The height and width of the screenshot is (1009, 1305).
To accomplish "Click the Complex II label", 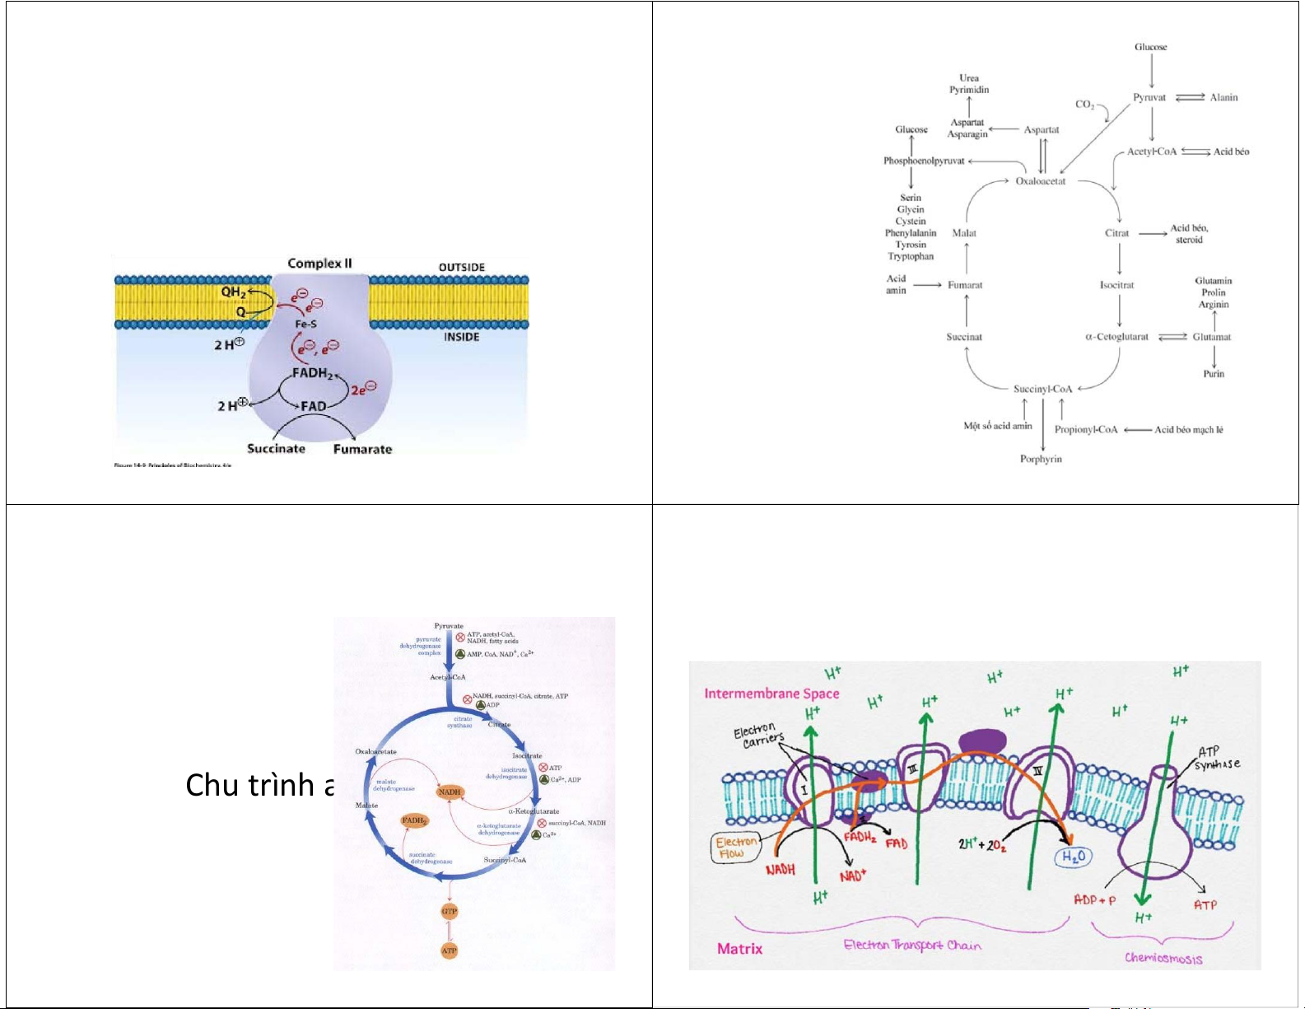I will tap(319, 264).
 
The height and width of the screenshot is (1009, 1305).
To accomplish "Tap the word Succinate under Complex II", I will tap(276, 449).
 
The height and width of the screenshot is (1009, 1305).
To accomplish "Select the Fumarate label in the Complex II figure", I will tap(362, 450).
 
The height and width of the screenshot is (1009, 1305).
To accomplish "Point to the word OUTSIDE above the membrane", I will tap(462, 268).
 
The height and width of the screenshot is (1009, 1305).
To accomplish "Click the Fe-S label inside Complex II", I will tap(306, 325).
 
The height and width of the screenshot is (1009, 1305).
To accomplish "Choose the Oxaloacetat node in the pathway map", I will tap(1040, 181).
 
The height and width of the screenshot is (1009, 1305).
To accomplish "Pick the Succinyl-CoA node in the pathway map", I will tap(1042, 389).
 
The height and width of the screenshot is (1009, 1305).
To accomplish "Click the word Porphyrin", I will tap(1041, 460).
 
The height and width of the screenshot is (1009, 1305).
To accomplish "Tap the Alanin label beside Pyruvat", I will tap(1223, 97).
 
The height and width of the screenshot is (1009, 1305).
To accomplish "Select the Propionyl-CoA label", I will tap(1086, 430).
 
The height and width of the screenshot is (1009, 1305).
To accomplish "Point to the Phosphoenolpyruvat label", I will tap(924, 161).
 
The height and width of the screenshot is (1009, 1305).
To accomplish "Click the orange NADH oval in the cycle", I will tap(450, 792).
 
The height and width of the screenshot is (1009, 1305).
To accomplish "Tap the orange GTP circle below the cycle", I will tap(449, 912).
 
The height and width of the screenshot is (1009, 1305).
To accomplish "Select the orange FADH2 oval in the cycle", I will tap(414, 820).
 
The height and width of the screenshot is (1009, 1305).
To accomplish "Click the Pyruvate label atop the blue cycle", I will tap(449, 626).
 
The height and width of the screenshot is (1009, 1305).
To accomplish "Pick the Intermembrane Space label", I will tap(771, 694).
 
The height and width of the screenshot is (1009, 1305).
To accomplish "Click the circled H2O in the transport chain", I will tap(1074, 857).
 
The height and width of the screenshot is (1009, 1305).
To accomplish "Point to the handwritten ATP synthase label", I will tap(1217, 758).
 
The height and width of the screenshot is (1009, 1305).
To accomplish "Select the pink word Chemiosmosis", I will tap(1163, 958).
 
